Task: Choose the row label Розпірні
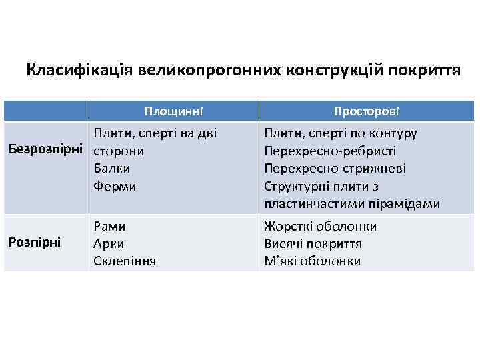[35, 243]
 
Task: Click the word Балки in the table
[111, 169]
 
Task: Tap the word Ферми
[115, 186]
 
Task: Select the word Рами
[110, 226]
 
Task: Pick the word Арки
[109, 243]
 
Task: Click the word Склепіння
[125, 261]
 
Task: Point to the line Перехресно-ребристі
[330, 151]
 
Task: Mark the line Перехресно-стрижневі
[335, 169]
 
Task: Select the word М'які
[279, 261]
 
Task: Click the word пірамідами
[407, 203]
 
